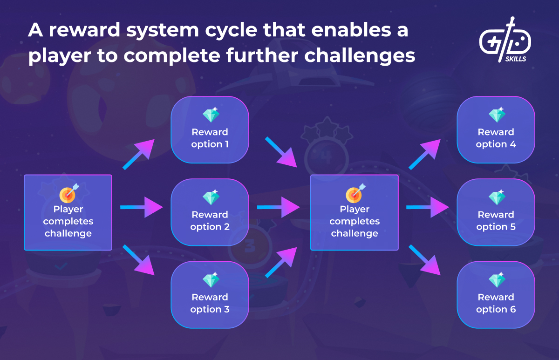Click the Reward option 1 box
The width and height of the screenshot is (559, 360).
point(210,130)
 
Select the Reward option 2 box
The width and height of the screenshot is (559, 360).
point(210,212)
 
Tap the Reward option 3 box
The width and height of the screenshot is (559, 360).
point(210,295)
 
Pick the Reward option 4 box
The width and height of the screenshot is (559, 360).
point(496,130)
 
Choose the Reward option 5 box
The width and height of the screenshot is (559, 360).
point(496,212)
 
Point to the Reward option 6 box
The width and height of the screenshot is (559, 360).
point(496,295)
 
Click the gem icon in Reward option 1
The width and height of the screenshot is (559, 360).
point(211,115)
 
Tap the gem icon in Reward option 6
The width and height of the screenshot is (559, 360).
point(497,280)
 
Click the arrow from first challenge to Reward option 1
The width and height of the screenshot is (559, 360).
point(138,154)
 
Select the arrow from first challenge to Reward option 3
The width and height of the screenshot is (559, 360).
point(138,260)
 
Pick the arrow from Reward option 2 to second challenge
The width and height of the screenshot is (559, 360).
point(278,207)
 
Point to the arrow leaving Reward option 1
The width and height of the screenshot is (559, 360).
point(281,152)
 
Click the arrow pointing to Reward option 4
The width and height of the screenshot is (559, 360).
point(425,154)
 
